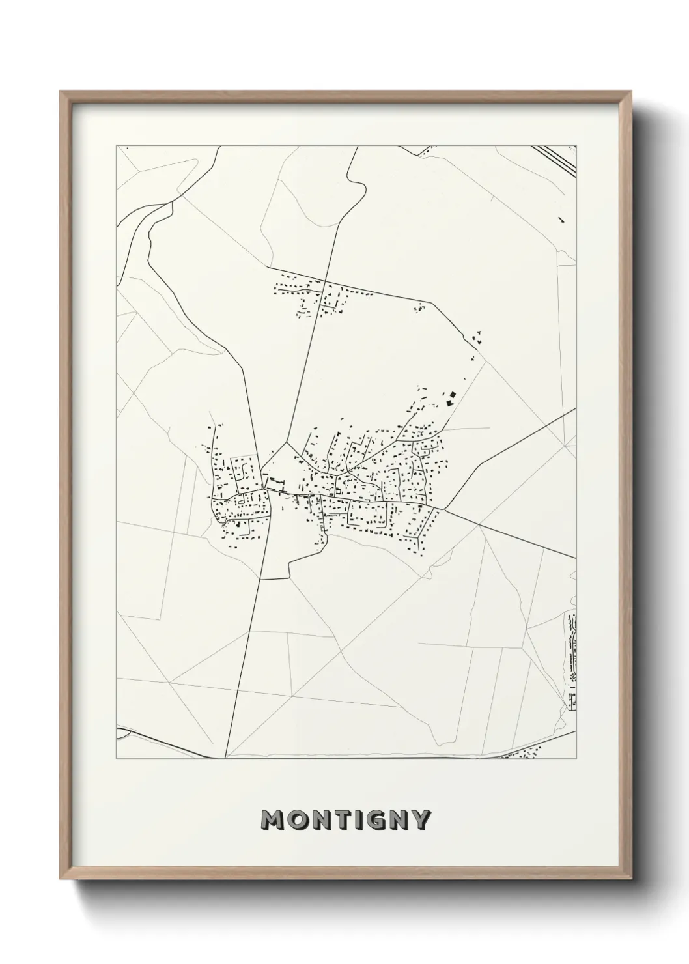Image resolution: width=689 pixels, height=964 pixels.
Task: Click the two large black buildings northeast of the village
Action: coord(449,397)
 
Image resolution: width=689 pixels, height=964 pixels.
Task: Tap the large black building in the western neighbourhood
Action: coord(237,522)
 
